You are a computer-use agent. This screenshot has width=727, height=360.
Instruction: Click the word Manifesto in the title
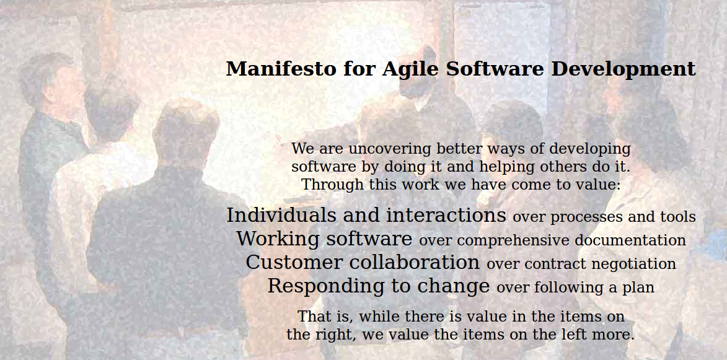click(281, 69)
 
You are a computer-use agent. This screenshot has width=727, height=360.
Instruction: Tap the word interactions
click(446, 215)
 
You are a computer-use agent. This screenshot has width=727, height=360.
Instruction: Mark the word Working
click(278, 239)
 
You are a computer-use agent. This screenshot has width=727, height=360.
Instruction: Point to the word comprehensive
click(513, 241)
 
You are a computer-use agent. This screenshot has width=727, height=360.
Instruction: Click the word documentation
click(630, 240)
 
